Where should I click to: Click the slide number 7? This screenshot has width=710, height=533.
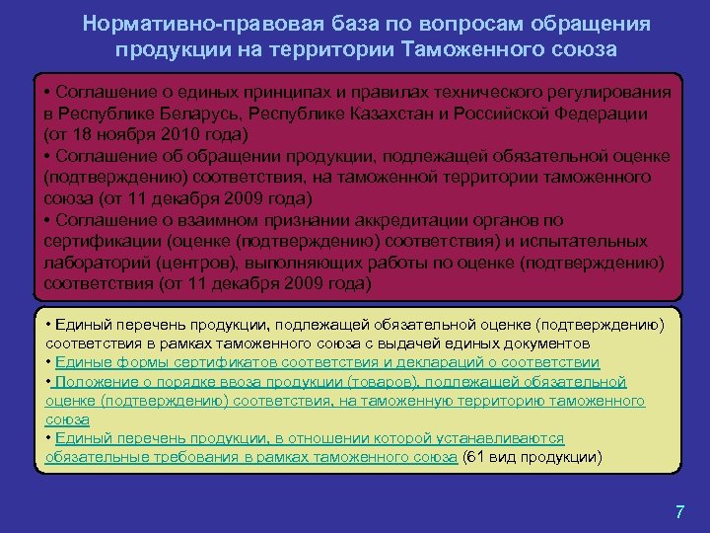[679, 511]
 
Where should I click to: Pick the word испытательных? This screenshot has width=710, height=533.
[592, 242]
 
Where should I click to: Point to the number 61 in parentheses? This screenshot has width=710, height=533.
[474, 457]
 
